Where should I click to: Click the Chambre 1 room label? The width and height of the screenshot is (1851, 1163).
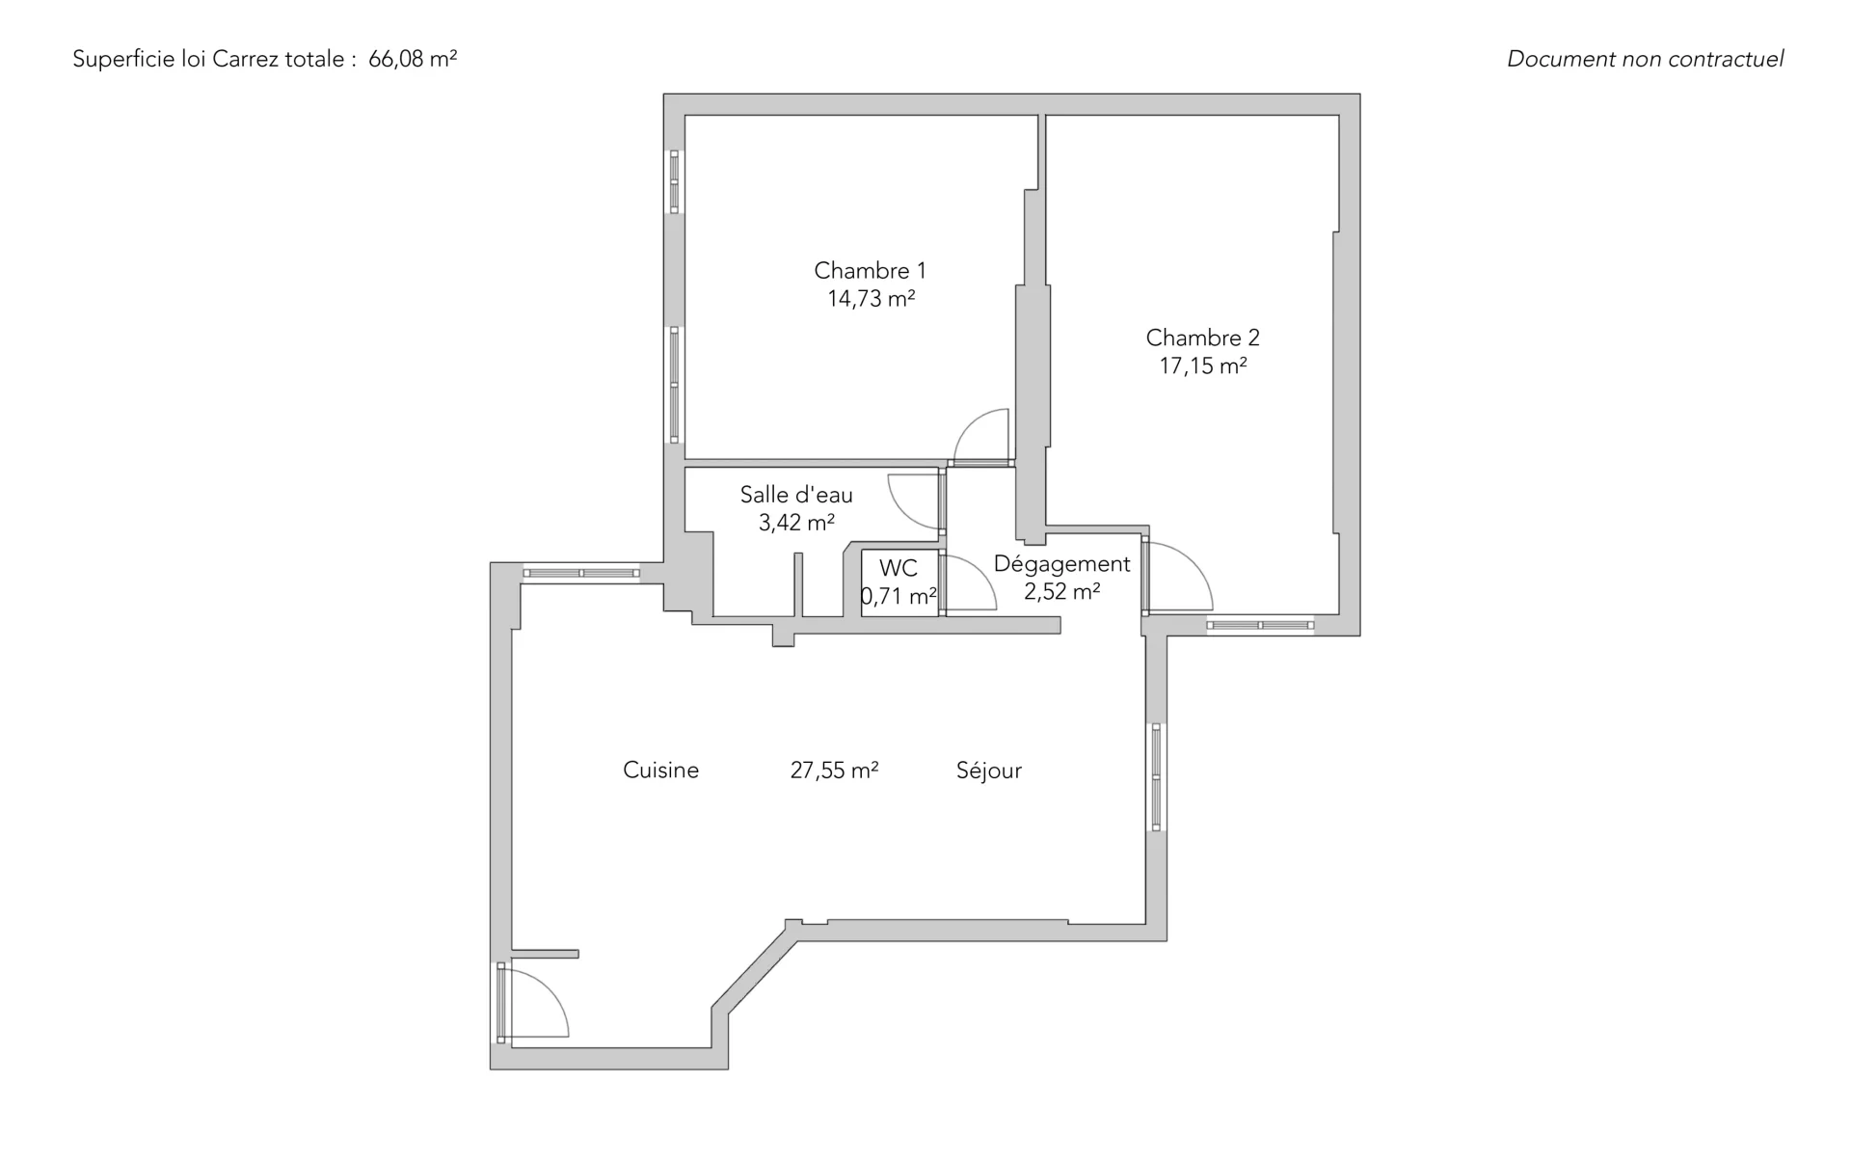[870, 270]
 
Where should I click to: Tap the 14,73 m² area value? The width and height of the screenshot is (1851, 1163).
[871, 299]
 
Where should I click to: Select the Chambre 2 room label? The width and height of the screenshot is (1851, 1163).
[1202, 338]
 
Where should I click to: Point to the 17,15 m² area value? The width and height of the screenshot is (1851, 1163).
[1202, 365]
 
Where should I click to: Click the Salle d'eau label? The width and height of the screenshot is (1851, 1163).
[796, 495]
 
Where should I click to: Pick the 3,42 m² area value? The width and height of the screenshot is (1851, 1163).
[796, 523]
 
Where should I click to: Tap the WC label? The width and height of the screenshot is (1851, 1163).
[899, 568]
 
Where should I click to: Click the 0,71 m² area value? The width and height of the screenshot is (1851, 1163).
[899, 596]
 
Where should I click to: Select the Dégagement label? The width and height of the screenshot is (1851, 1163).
[1061, 564]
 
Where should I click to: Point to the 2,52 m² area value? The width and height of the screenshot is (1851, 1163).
[1061, 591]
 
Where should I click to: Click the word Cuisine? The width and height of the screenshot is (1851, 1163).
[660, 770]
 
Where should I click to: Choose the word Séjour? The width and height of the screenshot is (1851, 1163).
[988, 771]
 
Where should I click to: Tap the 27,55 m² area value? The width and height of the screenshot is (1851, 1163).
[834, 770]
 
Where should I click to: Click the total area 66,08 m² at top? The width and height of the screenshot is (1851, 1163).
[413, 59]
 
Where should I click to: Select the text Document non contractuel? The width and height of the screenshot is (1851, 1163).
[1645, 59]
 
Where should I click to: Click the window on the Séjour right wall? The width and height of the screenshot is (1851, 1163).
[1156, 777]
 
